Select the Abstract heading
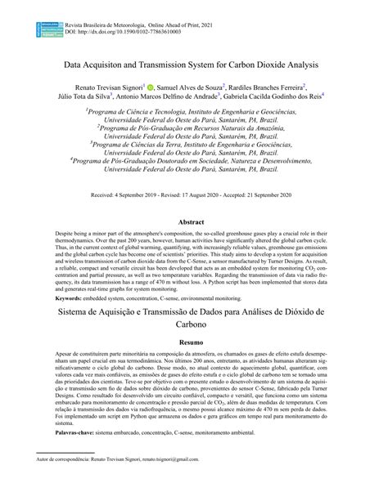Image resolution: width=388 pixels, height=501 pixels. pyautogui.click(x=194, y=221)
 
